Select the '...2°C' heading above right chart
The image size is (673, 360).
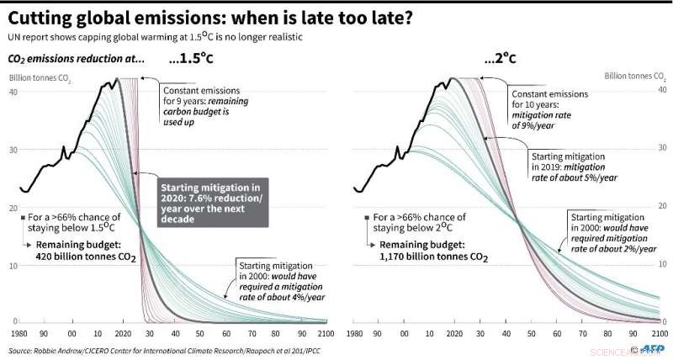(x=500, y=61)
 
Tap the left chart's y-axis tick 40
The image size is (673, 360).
(x=13, y=92)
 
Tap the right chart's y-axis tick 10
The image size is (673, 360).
(x=661, y=265)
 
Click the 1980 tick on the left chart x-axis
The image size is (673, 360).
(x=19, y=333)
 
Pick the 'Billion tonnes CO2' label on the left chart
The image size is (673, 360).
(x=40, y=79)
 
